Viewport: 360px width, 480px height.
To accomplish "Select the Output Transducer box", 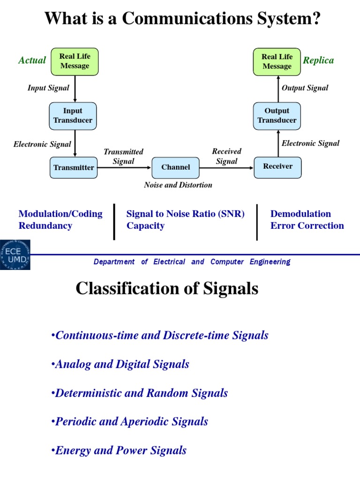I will [x=277, y=116].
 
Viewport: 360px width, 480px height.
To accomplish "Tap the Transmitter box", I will [x=74, y=167].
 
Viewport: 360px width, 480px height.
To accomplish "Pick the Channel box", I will [x=176, y=167].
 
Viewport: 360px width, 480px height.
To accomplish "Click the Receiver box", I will [x=277, y=166].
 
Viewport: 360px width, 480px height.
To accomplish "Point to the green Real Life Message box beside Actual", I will [x=75, y=61].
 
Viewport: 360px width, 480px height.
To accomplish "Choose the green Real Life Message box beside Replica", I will [x=277, y=61].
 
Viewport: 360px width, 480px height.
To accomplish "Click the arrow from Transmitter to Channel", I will [x=125, y=167].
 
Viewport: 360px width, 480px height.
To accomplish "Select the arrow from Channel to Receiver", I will [x=227, y=167].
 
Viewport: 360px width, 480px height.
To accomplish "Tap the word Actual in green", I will [x=32, y=60].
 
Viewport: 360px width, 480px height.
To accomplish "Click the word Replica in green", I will [x=318, y=60].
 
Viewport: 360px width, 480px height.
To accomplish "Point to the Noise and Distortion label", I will [x=178, y=185].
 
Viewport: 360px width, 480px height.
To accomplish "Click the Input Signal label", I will [x=48, y=88].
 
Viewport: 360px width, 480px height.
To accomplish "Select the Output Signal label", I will [x=305, y=88].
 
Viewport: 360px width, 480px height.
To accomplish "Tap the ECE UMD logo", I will [x=15, y=255].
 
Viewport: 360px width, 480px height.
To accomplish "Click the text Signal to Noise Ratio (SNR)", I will [x=186, y=214].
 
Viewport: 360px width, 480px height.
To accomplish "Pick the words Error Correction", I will [x=307, y=225].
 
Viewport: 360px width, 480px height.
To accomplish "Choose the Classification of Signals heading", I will [x=167, y=288].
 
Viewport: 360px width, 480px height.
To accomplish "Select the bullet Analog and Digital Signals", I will [x=121, y=364].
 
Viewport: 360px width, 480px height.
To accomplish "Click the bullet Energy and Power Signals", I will [x=120, y=450].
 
